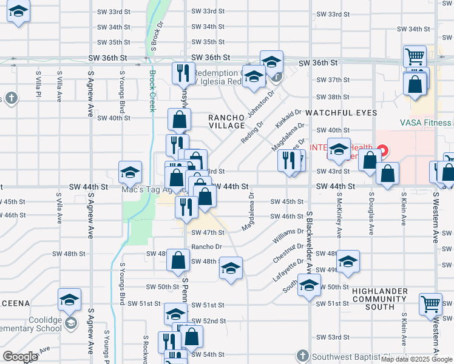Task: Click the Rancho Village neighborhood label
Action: pos(226,121)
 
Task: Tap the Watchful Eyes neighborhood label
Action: pos(337,113)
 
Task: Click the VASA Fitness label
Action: pos(425,123)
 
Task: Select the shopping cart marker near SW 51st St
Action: pos(431,303)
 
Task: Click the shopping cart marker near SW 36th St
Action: pos(415,57)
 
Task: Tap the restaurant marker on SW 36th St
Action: pos(183,73)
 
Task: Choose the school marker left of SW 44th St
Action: pos(130,173)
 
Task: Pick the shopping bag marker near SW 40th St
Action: pos(180,120)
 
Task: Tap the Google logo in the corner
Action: pos(21,357)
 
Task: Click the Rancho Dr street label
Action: pos(207,247)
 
